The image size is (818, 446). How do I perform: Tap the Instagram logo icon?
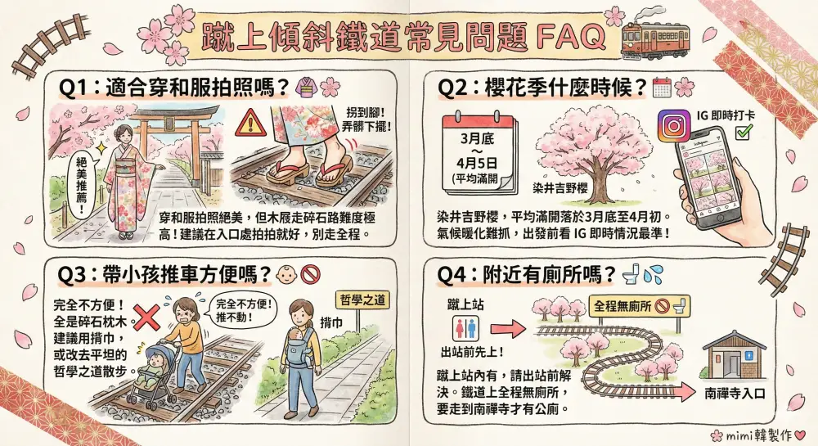click(673, 126)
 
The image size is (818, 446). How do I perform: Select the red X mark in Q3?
click(146, 318)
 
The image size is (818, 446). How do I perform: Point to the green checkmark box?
click(743, 132)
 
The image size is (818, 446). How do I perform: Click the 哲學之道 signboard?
click(362, 300)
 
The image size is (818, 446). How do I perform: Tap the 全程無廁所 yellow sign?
click(640, 307)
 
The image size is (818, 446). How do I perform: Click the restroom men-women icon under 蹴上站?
click(465, 329)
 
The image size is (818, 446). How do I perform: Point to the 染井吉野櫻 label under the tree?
click(560, 187)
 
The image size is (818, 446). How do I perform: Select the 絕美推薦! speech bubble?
click(83, 185)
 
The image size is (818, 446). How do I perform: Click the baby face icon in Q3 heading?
click(285, 274)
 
